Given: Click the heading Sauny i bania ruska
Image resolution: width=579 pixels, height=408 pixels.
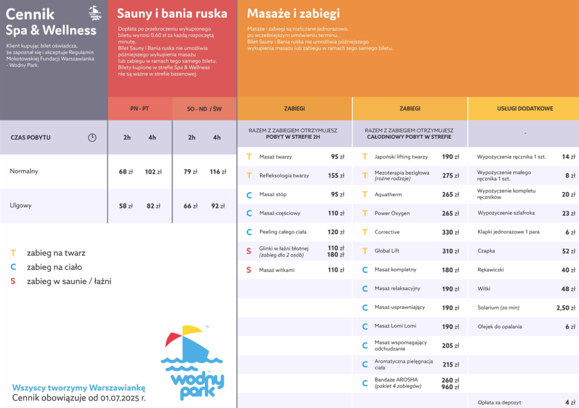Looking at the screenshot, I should [172, 14].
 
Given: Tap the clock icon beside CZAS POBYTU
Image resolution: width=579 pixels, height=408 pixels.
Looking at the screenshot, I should [92, 137].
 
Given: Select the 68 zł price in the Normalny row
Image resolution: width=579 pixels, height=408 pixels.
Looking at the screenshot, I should [126, 171].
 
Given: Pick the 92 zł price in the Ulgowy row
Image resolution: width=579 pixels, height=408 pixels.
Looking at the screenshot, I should [218, 206].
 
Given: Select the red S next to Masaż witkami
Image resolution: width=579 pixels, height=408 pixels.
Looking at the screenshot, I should [249, 270].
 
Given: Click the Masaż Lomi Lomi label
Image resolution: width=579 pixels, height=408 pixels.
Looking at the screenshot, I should [395, 327].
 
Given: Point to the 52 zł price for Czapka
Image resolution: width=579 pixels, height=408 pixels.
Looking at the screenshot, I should [568, 251].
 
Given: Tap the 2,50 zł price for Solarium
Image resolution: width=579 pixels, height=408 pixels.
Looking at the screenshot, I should [565, 308].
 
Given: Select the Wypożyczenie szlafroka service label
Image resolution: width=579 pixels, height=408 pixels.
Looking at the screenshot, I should [506, 213].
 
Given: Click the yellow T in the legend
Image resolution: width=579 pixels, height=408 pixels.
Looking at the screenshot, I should [13, 253].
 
